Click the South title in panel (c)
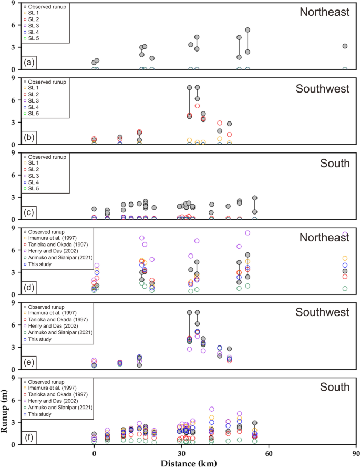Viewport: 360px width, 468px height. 335,164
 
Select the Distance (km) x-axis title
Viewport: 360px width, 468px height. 181,463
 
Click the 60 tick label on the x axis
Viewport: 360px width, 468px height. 269,453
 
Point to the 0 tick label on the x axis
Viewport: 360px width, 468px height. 94,453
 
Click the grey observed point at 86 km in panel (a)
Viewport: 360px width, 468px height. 345,46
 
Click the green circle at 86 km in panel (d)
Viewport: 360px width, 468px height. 345,289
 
